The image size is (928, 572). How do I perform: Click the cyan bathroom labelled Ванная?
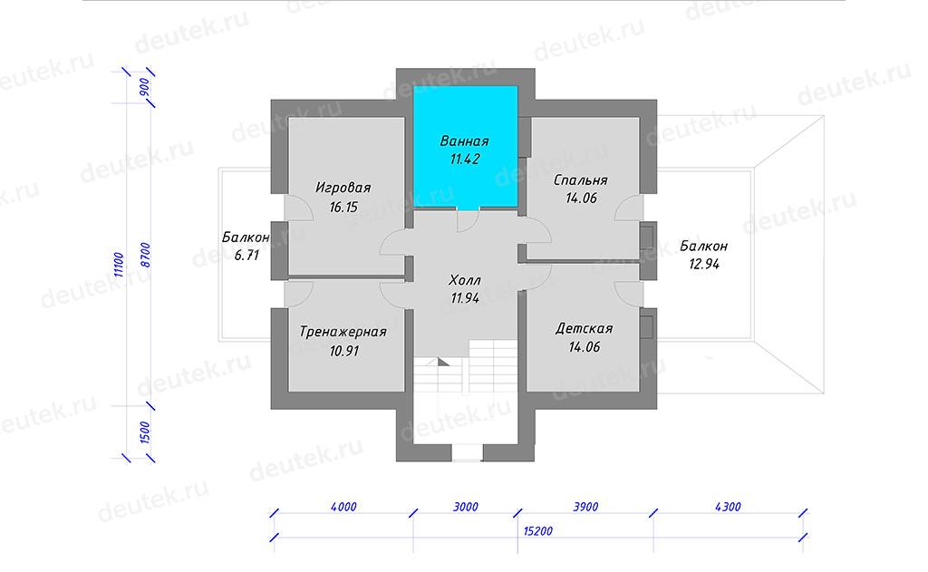click(x=465, y=148)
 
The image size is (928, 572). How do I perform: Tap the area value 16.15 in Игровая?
click(x=343, y=208)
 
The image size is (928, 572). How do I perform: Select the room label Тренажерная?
click(x=343, y=332)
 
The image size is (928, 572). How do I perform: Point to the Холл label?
click(x=465, y=279)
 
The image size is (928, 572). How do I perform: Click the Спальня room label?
click(x=581, y=180)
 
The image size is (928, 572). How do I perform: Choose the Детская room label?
click(x=585, y=329)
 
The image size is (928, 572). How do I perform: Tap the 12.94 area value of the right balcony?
click(x=704, y=264)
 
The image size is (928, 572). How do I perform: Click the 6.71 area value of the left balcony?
click(x=246, y=256)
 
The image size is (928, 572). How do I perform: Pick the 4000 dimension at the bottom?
click(x=343, y=507)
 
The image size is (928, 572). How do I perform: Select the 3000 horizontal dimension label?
click(x=466, y=507)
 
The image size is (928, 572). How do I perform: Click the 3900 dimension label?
click(x=586, y=507)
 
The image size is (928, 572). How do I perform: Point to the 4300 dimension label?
click(x=728, y=507)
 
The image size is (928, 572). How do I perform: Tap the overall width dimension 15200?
click(x=538, y=531)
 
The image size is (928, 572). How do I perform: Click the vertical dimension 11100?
click(x=119, y=265)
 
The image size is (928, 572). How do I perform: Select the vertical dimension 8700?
click(x=146, y=255)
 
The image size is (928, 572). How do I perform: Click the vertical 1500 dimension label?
click(x=146, y=432)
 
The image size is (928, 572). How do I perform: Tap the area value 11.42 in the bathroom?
click(x=465, y=160)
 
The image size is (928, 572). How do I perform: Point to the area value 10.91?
click(x=343, y=351)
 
